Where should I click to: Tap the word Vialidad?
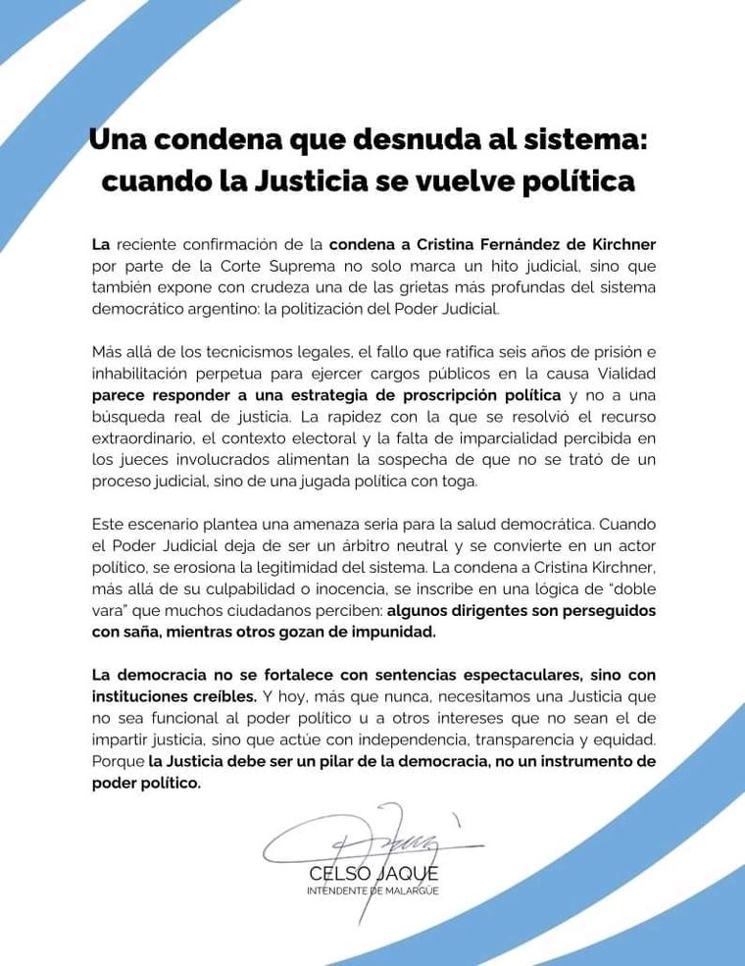tap(621, 374)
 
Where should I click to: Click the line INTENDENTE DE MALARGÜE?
tap(372, 890)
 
